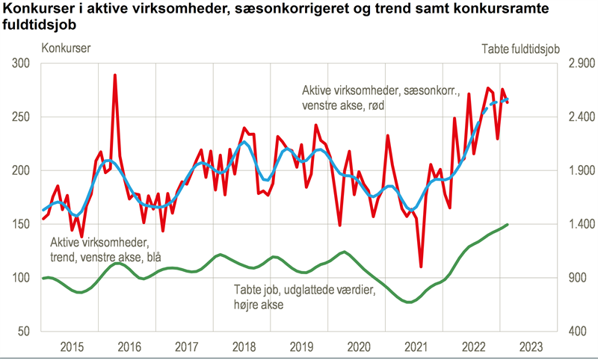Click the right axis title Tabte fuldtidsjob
[520, 49]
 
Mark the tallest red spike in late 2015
[114, 75]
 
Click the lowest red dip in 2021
[421, 266]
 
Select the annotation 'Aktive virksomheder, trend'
[100, 243]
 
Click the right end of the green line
[508, 224]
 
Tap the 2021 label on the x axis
[415, 347]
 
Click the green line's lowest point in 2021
[408, 302]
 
